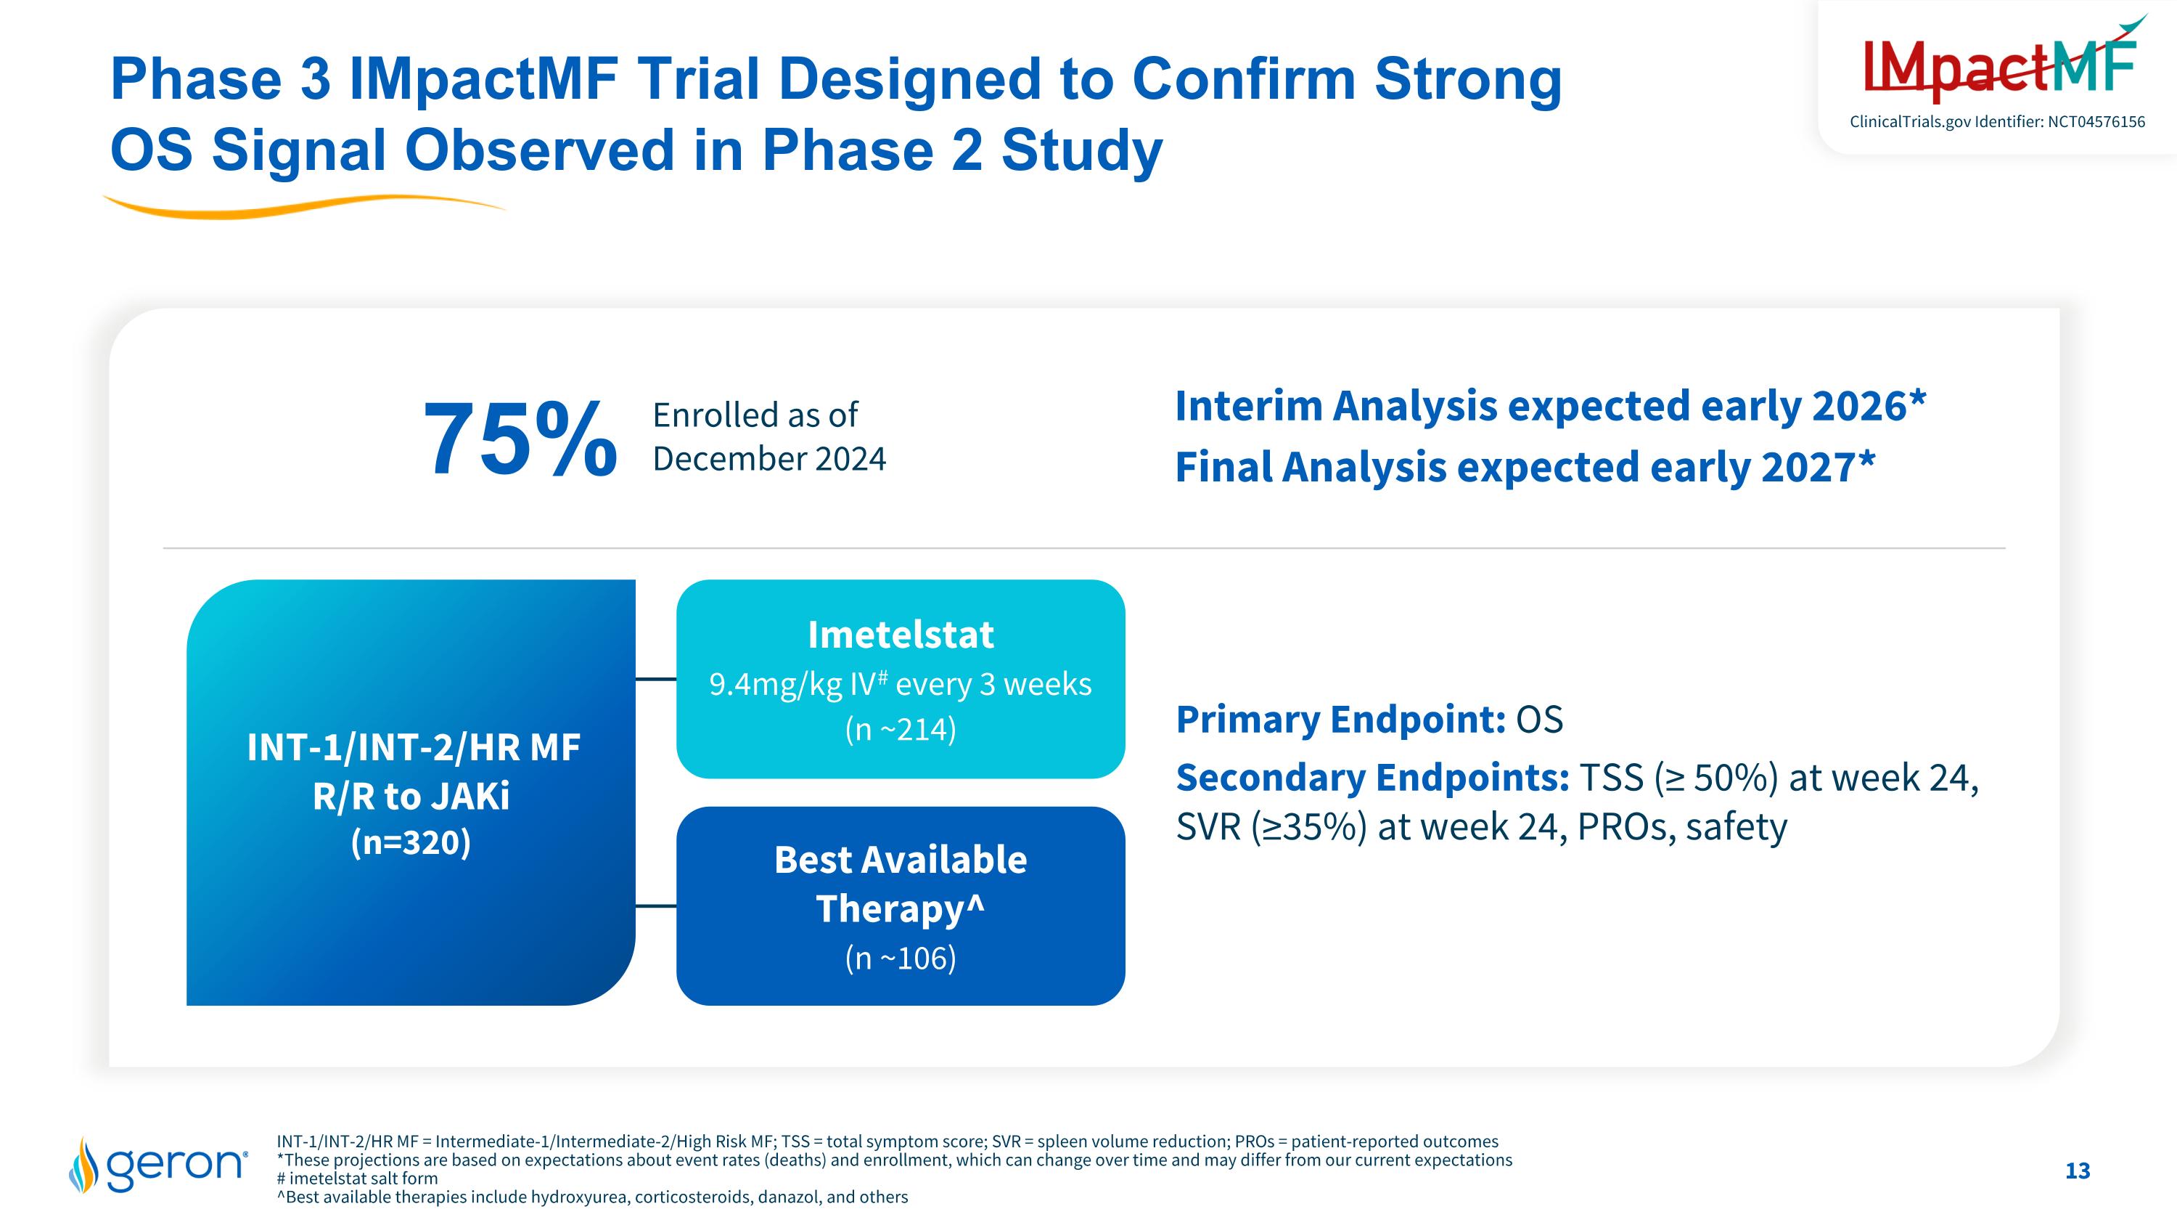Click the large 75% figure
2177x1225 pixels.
(x=519, y=439)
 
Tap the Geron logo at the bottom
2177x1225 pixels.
(x=159, y=1165)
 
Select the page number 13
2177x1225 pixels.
(x=2078, y=1171)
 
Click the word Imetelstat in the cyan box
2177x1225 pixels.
(x=900, y=635)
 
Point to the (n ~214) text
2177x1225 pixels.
(x=900, y=729)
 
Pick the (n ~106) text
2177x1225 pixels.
(x=900, y=958)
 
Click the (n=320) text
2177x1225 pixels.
(x=411, y=842)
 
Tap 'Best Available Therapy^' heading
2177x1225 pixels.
(x=900, y=884)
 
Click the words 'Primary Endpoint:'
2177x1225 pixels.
(x=1340, y=720)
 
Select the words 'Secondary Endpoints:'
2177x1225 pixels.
(x=1372, y=778)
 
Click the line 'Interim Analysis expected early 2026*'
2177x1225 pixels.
(x=1550, y=406)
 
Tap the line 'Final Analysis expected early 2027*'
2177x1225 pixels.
(x=1525, y=467)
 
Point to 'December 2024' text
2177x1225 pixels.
(x=769, y=459)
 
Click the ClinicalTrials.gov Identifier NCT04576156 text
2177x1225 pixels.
(x=1997, y=122)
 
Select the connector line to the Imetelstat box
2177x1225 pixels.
(x=656, y=679)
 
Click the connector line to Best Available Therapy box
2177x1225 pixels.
(x=656, y=906)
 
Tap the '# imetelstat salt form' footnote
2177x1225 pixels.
(x=358, y=1179)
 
